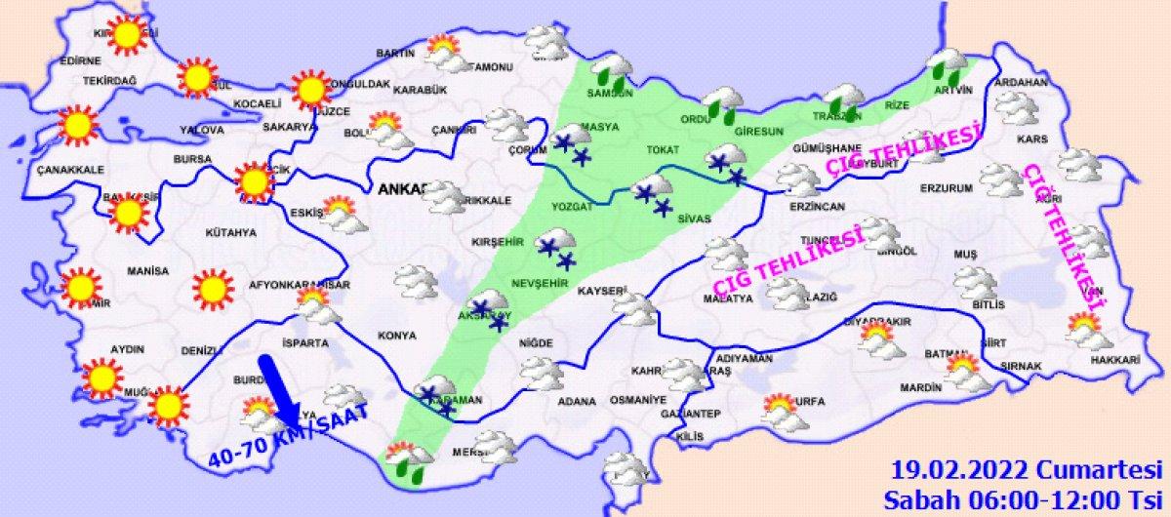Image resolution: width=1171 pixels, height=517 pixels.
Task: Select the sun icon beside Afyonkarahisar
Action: [211, 290]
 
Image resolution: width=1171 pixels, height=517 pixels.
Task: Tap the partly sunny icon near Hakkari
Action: [1088, 331]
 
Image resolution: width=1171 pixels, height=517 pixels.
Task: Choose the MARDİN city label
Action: [918, 387]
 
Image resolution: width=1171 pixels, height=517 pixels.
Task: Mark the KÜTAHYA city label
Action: [231, 232]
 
